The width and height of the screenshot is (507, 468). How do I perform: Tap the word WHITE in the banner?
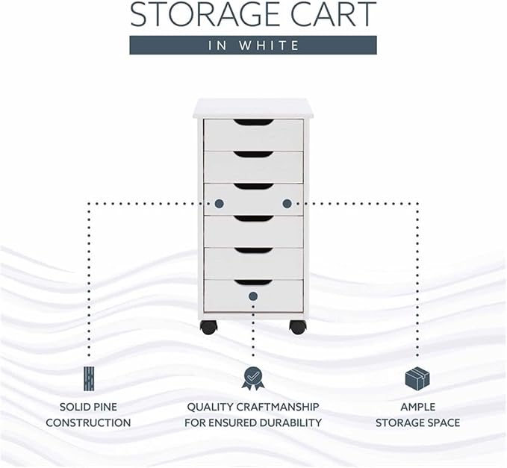coord(269,46)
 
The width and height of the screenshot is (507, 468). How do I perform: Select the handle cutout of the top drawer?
coord(254,122)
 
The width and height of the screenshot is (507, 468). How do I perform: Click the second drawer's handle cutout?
coord(254,155)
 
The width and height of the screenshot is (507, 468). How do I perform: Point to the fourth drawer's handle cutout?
coord(254,219)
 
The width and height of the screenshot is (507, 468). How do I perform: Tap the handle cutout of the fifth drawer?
coord(254,251)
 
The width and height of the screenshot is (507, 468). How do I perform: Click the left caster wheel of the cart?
coord(208,327)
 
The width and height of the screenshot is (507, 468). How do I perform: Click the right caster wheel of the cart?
coord(297,327)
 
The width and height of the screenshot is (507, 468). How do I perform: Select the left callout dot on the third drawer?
coord(220,204)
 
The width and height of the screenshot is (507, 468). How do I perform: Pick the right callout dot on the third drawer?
coord(287,204)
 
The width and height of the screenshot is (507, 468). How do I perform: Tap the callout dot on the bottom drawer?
coord(253,296)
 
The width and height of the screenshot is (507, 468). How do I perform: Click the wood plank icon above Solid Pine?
coord(89,378)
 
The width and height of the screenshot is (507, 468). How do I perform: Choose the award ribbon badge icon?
coord(253,378)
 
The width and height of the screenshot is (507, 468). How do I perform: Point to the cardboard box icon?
coord(417,378)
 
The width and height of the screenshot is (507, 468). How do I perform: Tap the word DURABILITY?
coord(290,422)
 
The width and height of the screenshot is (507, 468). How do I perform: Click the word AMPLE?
coord(417,407)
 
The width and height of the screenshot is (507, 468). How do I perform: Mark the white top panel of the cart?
coord(254,108)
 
